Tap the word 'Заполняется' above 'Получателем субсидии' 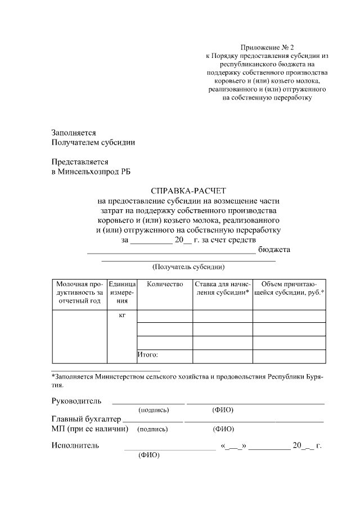click(73, 133)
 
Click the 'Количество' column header click(165, 285)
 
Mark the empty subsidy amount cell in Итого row click(289, 357)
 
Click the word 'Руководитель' click(76, 401)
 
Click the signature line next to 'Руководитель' click(148, 403)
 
